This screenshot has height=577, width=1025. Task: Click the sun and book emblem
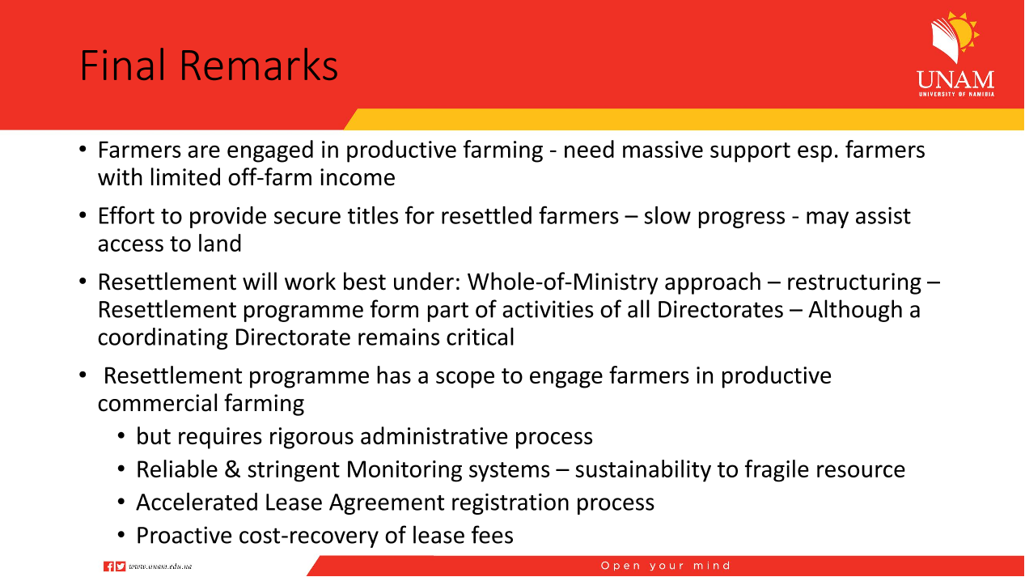(955, 37)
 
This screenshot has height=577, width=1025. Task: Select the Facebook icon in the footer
(109, 566)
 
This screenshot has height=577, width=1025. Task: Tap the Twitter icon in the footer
(121, 566)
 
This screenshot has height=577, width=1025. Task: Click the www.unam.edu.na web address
(160, 566)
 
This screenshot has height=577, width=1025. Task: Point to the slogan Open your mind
(666, 566)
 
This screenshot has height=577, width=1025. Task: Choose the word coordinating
(163, 337)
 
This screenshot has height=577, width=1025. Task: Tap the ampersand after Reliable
(232, 469)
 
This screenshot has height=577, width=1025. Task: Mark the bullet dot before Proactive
(121, 534)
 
